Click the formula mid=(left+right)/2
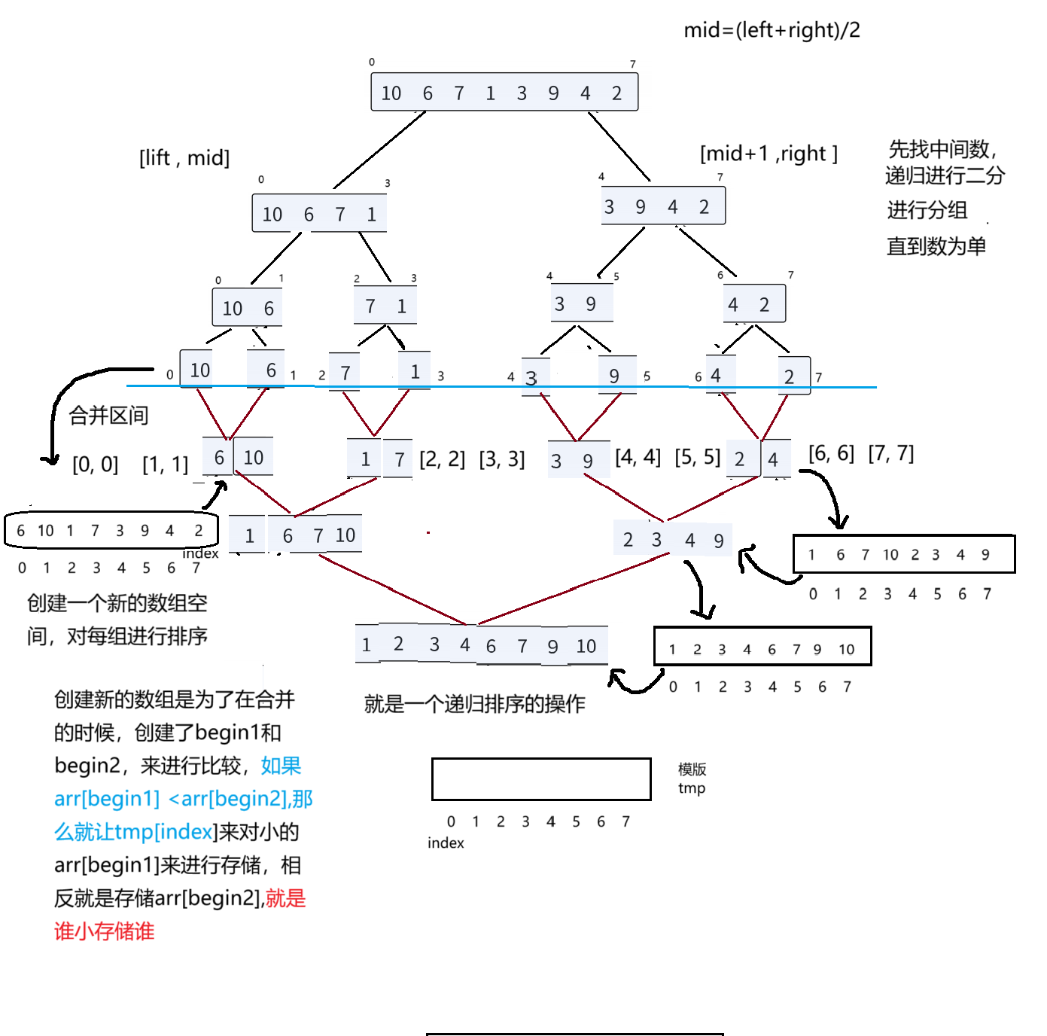point(772,30)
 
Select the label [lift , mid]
point(184,158)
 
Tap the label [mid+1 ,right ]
point(769,154)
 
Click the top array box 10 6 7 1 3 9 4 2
point(504,93)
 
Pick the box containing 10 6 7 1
point(319,214)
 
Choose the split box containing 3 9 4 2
point(662,206)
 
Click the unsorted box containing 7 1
point(385,306)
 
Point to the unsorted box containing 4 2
point(753,304)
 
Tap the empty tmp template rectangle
point(540,779)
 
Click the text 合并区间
point(108,416)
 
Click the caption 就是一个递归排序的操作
point(474,704)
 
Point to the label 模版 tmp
point(692,779)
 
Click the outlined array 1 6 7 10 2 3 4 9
point(903,554)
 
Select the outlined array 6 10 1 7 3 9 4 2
point(111,531)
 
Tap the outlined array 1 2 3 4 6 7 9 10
point(762,647)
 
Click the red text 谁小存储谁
point(104,931)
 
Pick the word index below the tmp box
point(446,843)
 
